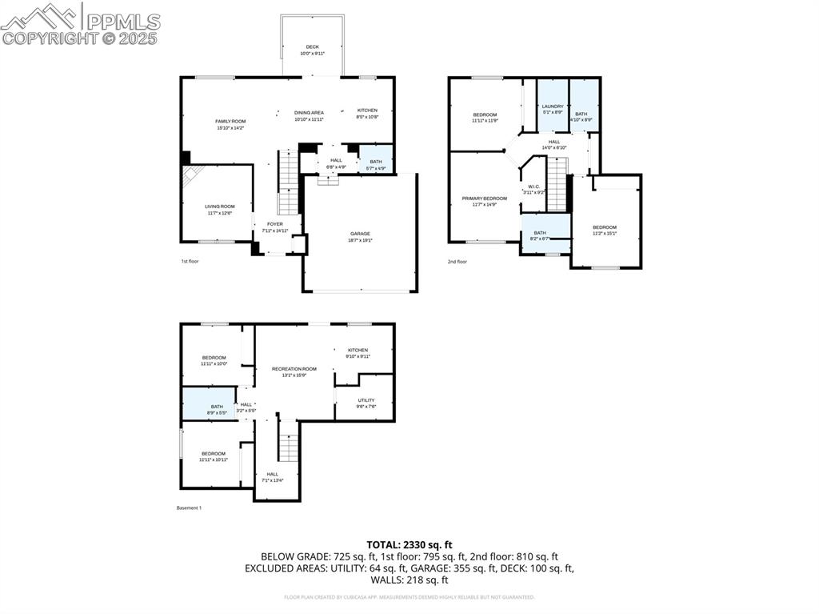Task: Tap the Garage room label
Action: coord(359,234)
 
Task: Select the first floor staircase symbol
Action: coord(288,182)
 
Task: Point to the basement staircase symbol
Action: coord(288,441)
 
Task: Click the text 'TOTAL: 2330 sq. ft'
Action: coord(409,544)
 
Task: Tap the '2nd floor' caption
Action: coord(457,261)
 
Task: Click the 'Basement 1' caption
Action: coord(189,508)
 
